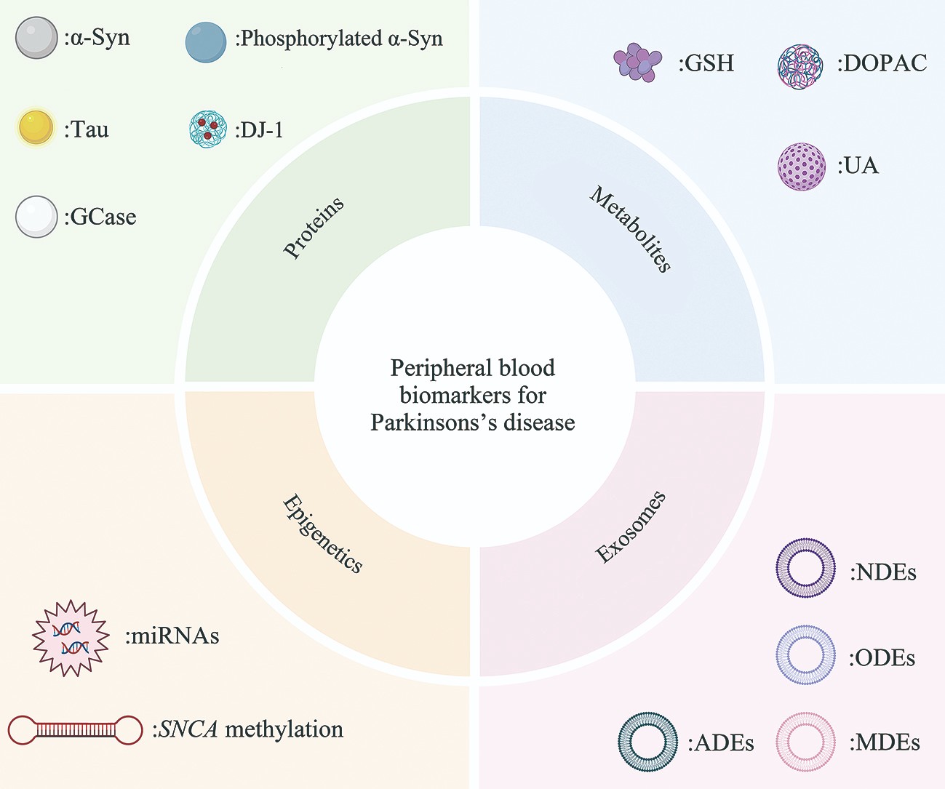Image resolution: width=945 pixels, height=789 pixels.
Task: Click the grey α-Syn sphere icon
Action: click(36, 38)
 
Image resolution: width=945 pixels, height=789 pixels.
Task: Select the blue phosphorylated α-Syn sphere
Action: click(206, 41)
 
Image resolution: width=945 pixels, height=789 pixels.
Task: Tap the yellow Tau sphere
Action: click(36, 127)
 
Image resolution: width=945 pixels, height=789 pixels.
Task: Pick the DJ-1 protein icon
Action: click(208, 129)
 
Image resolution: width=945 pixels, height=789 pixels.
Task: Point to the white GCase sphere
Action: click(36, 217)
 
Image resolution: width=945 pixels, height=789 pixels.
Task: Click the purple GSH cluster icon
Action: click(637, 63)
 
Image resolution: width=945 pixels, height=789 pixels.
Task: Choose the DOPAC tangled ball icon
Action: click(800, 66)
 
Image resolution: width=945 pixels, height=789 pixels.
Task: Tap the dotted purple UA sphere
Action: click(802, 167)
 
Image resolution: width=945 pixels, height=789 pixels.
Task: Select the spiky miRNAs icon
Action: click(71, 638)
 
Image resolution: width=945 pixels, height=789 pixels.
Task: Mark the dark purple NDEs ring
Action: click(805, 568)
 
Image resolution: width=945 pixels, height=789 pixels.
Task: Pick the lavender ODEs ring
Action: click(805, 654)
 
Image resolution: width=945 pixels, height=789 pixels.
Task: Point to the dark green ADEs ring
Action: click(647, 742)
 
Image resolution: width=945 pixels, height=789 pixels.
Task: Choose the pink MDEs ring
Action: click(805, 742)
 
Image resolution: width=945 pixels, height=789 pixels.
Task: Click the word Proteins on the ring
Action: click(314, 228)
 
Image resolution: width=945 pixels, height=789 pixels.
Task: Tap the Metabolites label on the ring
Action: click(631, 229)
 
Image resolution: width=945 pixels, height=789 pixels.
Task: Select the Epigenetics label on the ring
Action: click(322, 534)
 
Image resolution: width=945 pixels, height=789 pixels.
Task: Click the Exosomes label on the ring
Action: click(631, 527)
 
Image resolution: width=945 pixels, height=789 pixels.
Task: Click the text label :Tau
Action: click(87, 130)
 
